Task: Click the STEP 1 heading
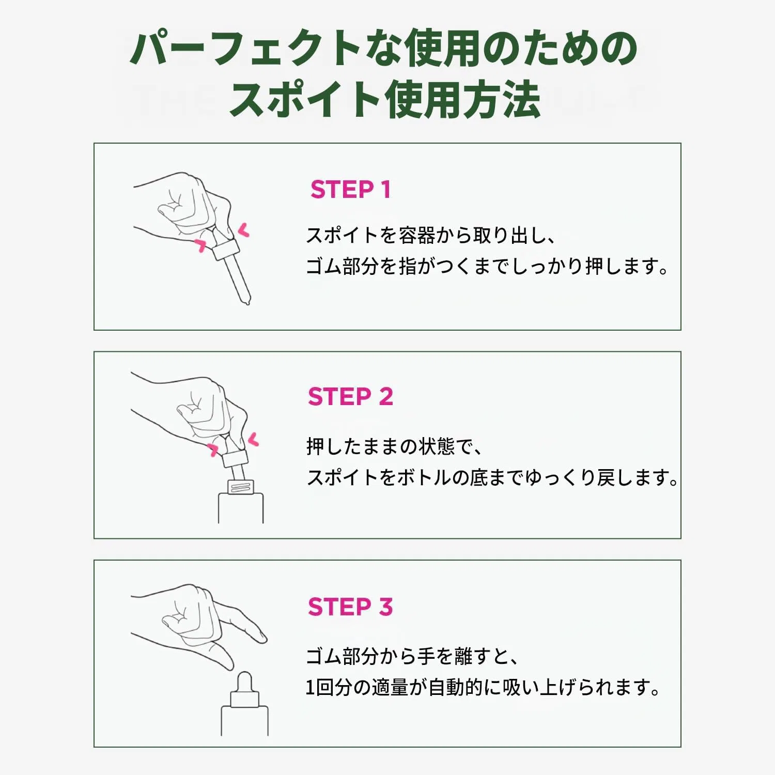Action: coord(350,190)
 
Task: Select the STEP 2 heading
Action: coord(350,397)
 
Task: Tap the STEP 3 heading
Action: coord(350,607)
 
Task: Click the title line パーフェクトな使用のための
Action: coord(383,48)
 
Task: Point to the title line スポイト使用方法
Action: coord(385,100)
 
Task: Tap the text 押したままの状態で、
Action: coord(395,446)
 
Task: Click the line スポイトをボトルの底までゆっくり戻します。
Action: coord(492,477)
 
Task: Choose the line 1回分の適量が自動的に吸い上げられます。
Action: coord(483,688)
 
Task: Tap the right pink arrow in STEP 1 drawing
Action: coord(243,230)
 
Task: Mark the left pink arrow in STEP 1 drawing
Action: coord(200,245)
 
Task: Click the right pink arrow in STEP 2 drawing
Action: coord(253,440)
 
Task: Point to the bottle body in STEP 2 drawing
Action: coord(241,508)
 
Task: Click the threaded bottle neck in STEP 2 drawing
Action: coord(241,487)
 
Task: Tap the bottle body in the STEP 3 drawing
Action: coord(244,721)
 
